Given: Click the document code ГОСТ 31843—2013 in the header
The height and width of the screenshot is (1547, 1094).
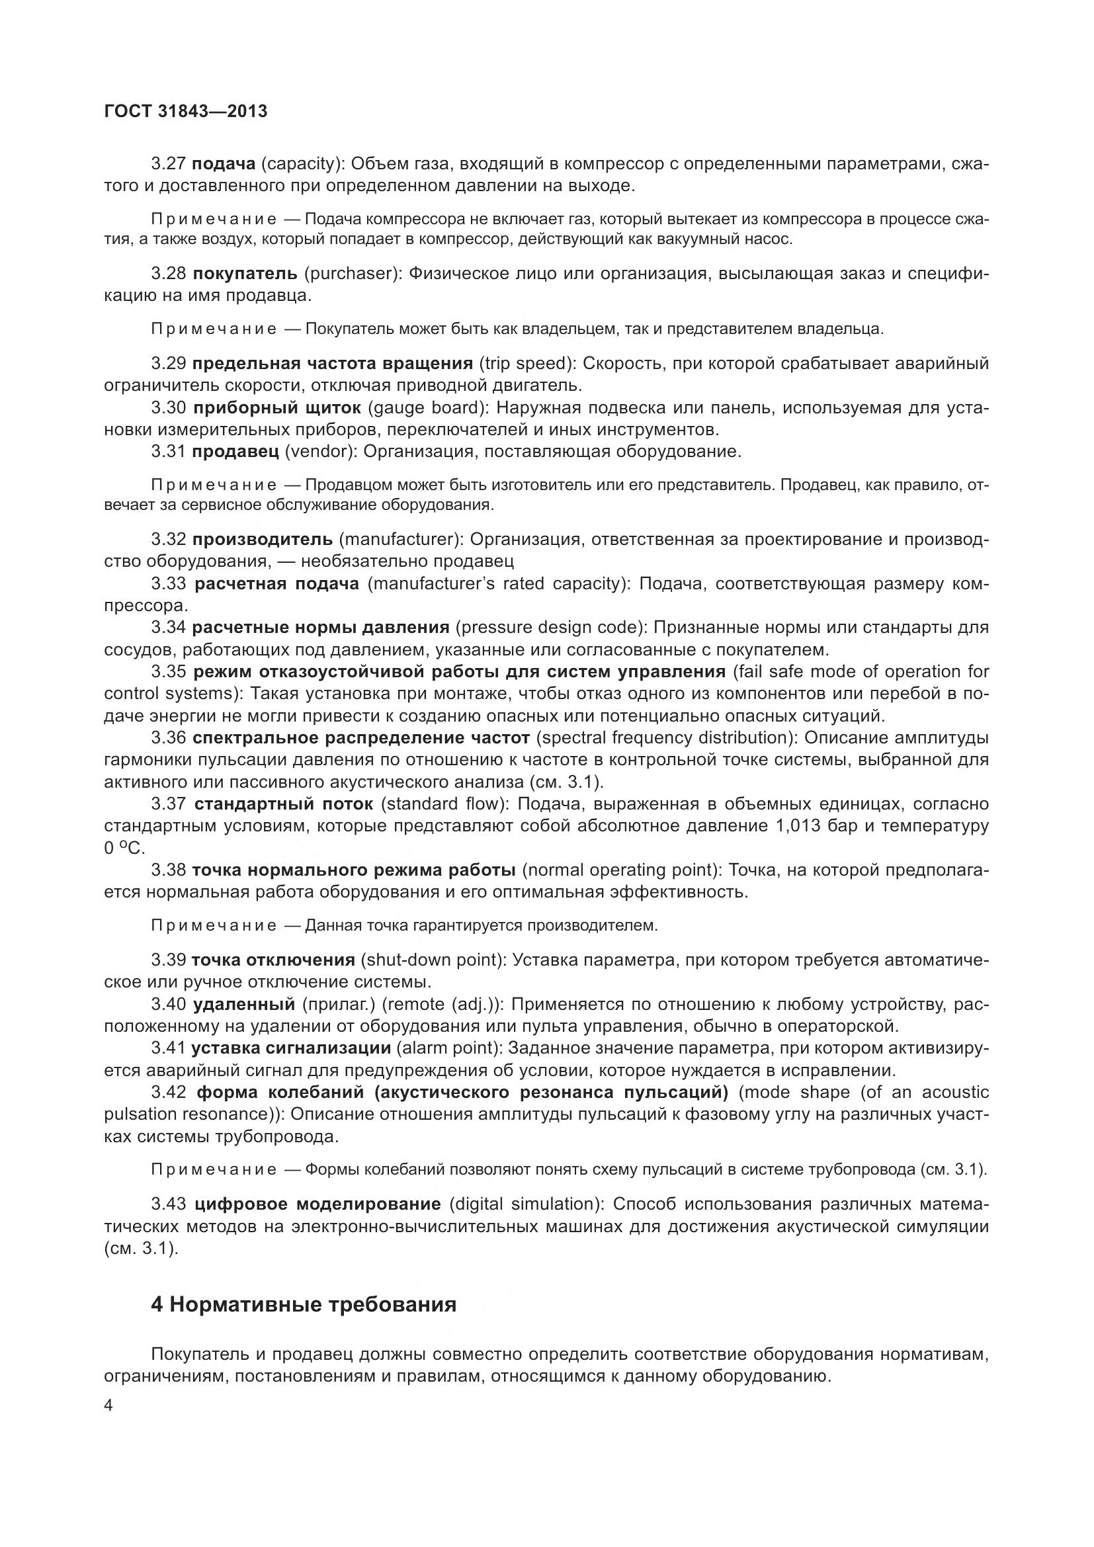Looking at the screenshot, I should (186, 111).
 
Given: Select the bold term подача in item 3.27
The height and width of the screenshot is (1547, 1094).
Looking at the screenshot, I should (224, 164).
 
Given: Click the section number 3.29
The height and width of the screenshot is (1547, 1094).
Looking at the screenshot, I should (168, 364).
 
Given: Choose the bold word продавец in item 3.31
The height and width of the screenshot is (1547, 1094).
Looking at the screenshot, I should (235, 452).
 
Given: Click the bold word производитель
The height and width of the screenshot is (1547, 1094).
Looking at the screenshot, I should (262, 539).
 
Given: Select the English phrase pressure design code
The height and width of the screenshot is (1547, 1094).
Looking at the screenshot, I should (549, 627).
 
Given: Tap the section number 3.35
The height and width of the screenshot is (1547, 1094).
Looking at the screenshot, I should (168, 672).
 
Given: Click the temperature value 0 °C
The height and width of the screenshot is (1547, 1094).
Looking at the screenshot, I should (124, 849).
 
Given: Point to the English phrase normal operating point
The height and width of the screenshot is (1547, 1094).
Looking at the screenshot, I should (618, 870).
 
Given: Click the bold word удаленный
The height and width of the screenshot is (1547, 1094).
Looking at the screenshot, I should (244, 1004).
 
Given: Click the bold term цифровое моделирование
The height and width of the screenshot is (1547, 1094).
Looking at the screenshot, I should (317, 1203).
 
